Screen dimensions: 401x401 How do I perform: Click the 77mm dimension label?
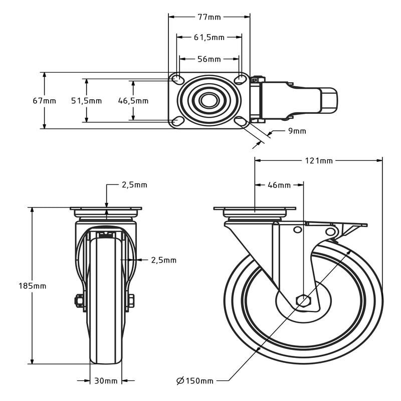point(209,17)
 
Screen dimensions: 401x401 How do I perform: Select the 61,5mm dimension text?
point(209,38)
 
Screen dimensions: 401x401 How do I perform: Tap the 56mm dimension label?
point(209,59)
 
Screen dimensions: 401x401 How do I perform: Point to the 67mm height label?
point(44,101)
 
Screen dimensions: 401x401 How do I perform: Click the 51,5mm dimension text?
point(86,101)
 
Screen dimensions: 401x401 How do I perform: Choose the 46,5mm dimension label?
point(133,101)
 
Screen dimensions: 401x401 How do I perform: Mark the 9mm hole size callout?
point(297,131)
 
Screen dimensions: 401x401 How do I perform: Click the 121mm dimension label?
point(319,161)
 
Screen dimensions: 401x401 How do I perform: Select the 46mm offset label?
point(279,185)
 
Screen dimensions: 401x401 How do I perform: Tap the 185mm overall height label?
point(33,286)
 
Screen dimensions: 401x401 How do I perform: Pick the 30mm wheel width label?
point(106,381)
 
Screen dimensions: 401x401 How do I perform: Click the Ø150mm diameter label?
point(195,381)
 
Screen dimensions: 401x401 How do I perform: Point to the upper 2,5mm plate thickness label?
point(134,185)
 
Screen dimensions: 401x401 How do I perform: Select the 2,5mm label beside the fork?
point(164,260)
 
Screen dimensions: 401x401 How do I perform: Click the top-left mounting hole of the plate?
point(177,79)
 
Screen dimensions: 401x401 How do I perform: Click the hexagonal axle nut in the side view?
point(303,300)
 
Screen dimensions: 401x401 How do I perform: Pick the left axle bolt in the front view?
point(80,300)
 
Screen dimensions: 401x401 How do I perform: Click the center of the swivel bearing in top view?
point(209,100)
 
